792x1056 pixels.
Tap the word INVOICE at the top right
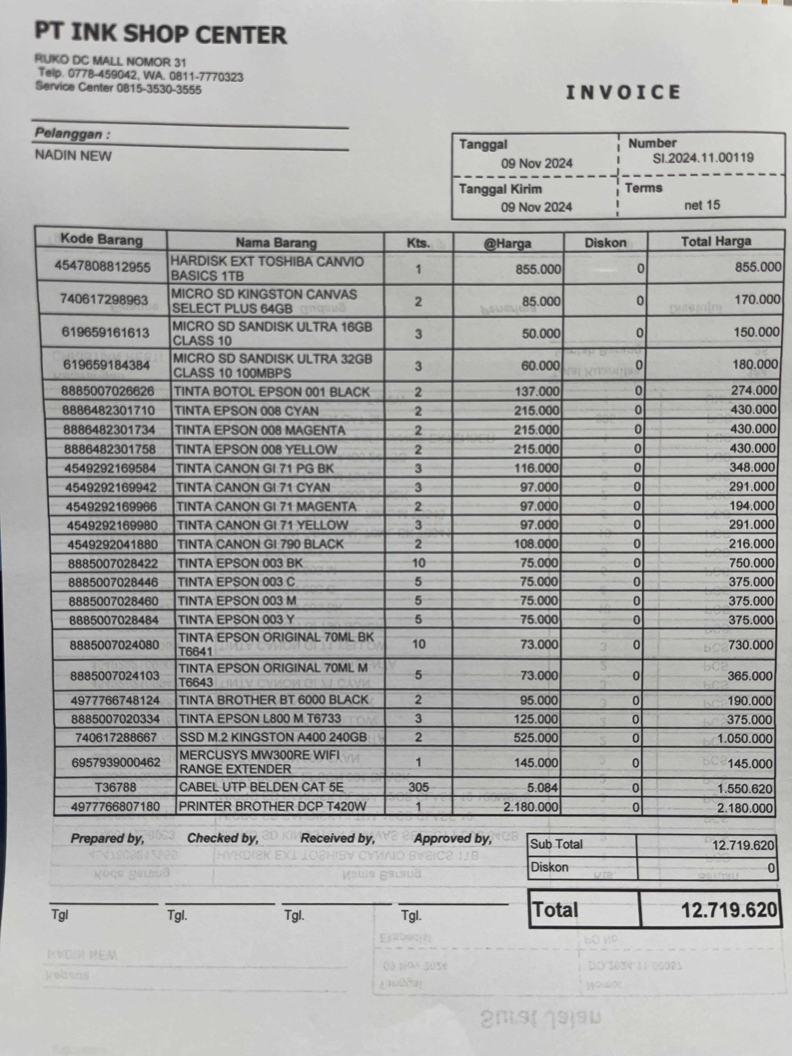[x=623, y=92]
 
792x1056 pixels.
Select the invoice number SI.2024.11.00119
[x=703, y=158]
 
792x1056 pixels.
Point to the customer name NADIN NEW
[x=73, y=156]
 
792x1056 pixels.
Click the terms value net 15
[x=702, y=205]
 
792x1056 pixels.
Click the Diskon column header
[x=605, y=243]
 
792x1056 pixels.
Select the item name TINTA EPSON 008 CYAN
[x=246, y=411]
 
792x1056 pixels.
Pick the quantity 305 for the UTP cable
[x=418, y=787]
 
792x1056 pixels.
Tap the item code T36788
[x=116, y=787]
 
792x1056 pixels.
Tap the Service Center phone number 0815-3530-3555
[x=159, y=89]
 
